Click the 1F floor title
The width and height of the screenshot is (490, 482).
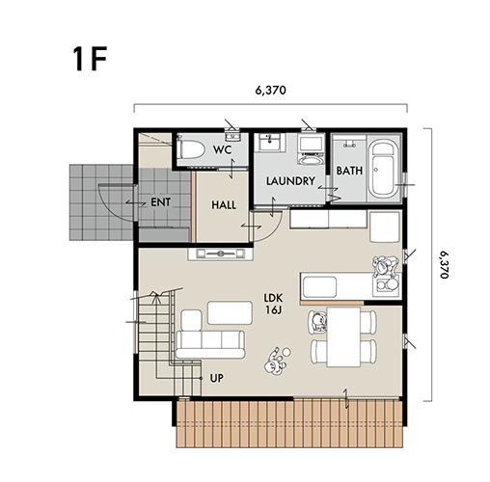click(90, 60)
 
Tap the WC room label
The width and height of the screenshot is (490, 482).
click(223, 149)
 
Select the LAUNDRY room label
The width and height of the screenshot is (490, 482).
click(290, 181)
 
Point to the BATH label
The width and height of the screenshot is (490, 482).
click(349, 171)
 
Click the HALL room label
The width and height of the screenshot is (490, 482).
click(224, 205)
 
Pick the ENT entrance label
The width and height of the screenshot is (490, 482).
click(161, 202)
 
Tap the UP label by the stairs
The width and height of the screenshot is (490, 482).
click(217, 378)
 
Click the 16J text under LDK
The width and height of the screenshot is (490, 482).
click(274, 310)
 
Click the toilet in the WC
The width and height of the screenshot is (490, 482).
click(190, 149)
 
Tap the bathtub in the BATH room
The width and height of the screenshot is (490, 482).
click(382, 170)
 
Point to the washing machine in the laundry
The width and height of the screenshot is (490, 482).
click(311, 149)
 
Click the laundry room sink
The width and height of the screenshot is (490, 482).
click(269, 143)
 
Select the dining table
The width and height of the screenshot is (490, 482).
click(343, 336)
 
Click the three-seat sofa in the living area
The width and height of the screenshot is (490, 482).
click(210, 344)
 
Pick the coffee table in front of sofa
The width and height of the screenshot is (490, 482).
click(230, 312)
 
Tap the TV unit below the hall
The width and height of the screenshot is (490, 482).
click(221, 254)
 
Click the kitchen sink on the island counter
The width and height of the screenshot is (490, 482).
click(319, 286)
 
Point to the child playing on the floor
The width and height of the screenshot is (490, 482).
click(277, 361)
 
